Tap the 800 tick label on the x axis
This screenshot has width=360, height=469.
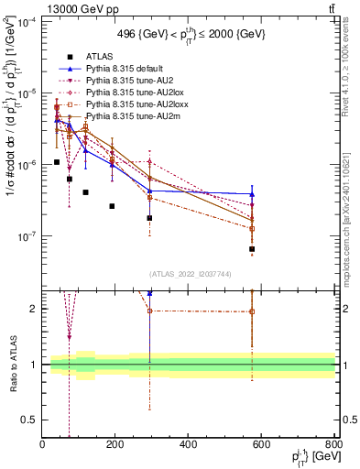click(x=334, y=444)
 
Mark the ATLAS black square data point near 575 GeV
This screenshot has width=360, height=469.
click(x=252, y=249)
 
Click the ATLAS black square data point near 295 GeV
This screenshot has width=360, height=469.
click(x=149, y=218)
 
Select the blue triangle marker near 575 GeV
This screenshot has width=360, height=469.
click(x=252, y=194)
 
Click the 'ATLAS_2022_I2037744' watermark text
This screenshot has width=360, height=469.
click(x=189, y=274)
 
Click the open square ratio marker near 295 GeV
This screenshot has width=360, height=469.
click(x=149, y=311)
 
